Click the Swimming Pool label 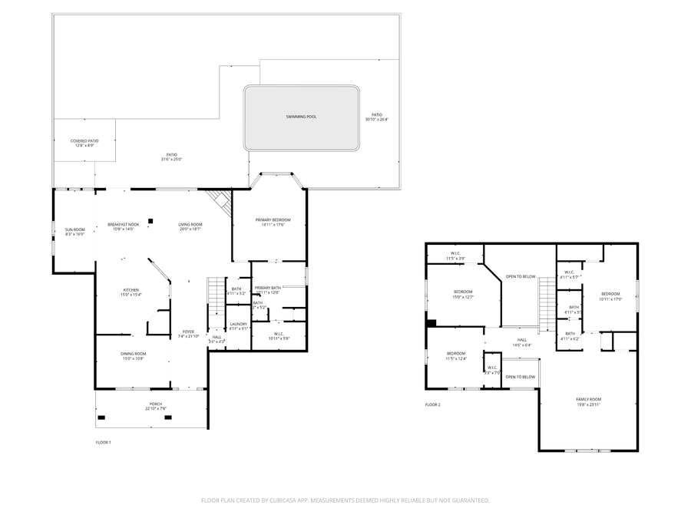point(301,117)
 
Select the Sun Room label point(74,231)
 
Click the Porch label point(155,405)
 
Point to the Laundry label point(239,325)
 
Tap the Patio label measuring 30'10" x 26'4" point(377,117)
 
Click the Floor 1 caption point(103,443)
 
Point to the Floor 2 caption point(433,404)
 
